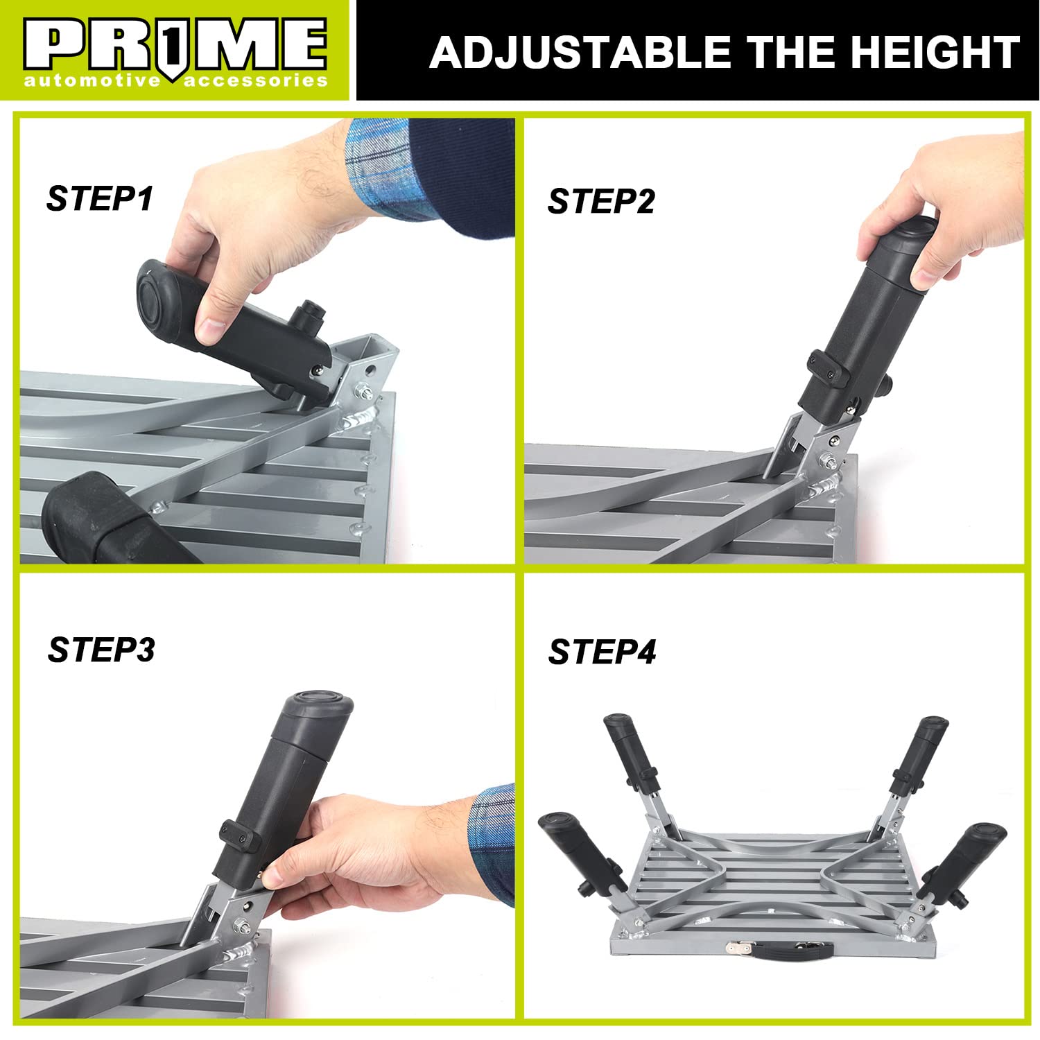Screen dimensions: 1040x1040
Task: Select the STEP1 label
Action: click(100, 199)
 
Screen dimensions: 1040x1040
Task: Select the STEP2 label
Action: click(600, 202)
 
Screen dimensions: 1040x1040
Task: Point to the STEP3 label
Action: click(101, 650)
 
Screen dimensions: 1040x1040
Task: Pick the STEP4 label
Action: click(602, 652)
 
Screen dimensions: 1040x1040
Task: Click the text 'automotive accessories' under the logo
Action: click(175, 81)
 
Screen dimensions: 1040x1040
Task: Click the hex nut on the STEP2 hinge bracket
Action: click(826, 460)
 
